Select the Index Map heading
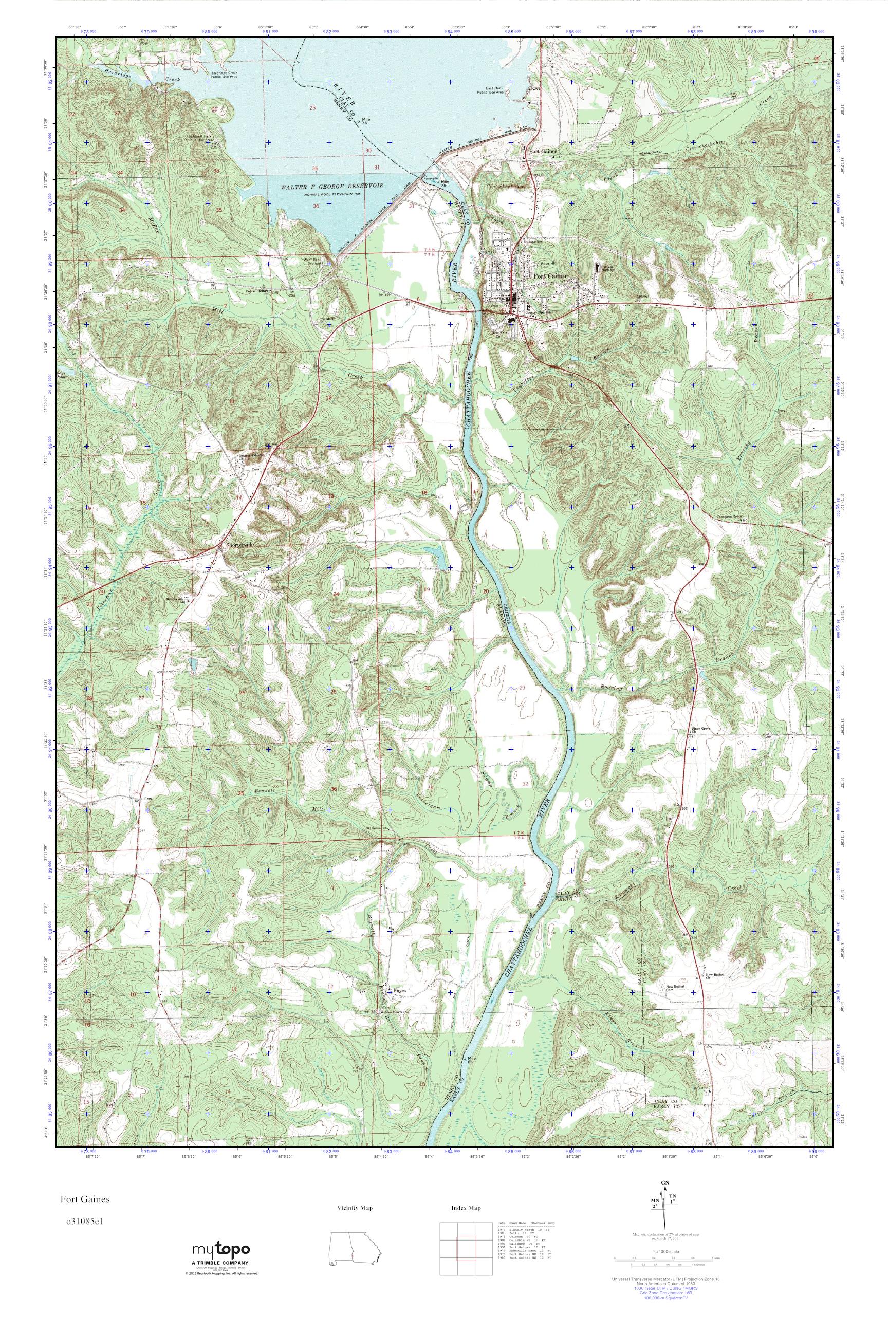[466, 1208]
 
